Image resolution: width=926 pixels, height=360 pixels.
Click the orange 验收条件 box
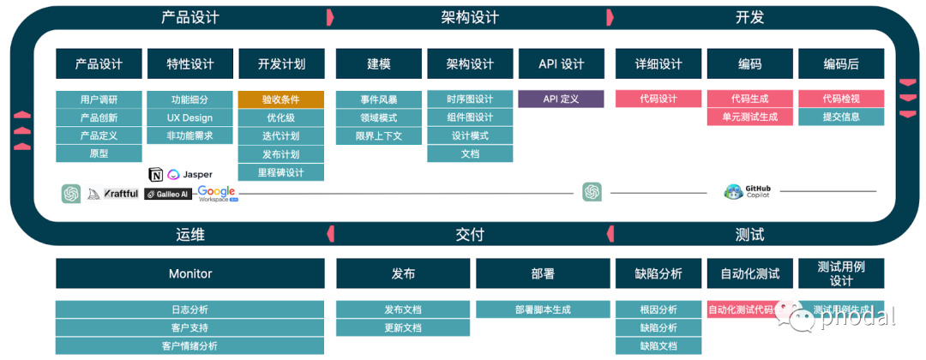[281, 99]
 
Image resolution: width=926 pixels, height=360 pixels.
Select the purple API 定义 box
[561, 99]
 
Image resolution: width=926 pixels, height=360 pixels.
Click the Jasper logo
[190, 174]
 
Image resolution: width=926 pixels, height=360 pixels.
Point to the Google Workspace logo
[217, 194]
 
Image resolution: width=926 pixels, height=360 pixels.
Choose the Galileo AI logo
[167, 195]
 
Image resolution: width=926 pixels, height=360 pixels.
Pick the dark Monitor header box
[190, 273]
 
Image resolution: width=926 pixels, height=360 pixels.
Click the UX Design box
[189, 117]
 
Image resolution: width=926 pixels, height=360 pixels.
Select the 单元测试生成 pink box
[749, 117]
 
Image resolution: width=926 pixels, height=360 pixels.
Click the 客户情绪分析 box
[190, 346]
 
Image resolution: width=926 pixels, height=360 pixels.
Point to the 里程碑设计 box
[281, 172]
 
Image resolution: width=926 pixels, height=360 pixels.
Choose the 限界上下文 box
[378, 135]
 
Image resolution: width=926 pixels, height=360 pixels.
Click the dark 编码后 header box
[840, 64]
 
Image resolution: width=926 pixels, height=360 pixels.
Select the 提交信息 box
[840, 117]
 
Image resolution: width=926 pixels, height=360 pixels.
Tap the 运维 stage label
[190, 234]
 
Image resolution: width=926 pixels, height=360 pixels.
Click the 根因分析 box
[658, 309]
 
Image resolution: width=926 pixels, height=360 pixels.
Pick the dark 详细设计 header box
[658, 64]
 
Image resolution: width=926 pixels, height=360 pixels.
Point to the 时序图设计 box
[470, 99]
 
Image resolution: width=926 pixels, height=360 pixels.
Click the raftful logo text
[121, 195]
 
